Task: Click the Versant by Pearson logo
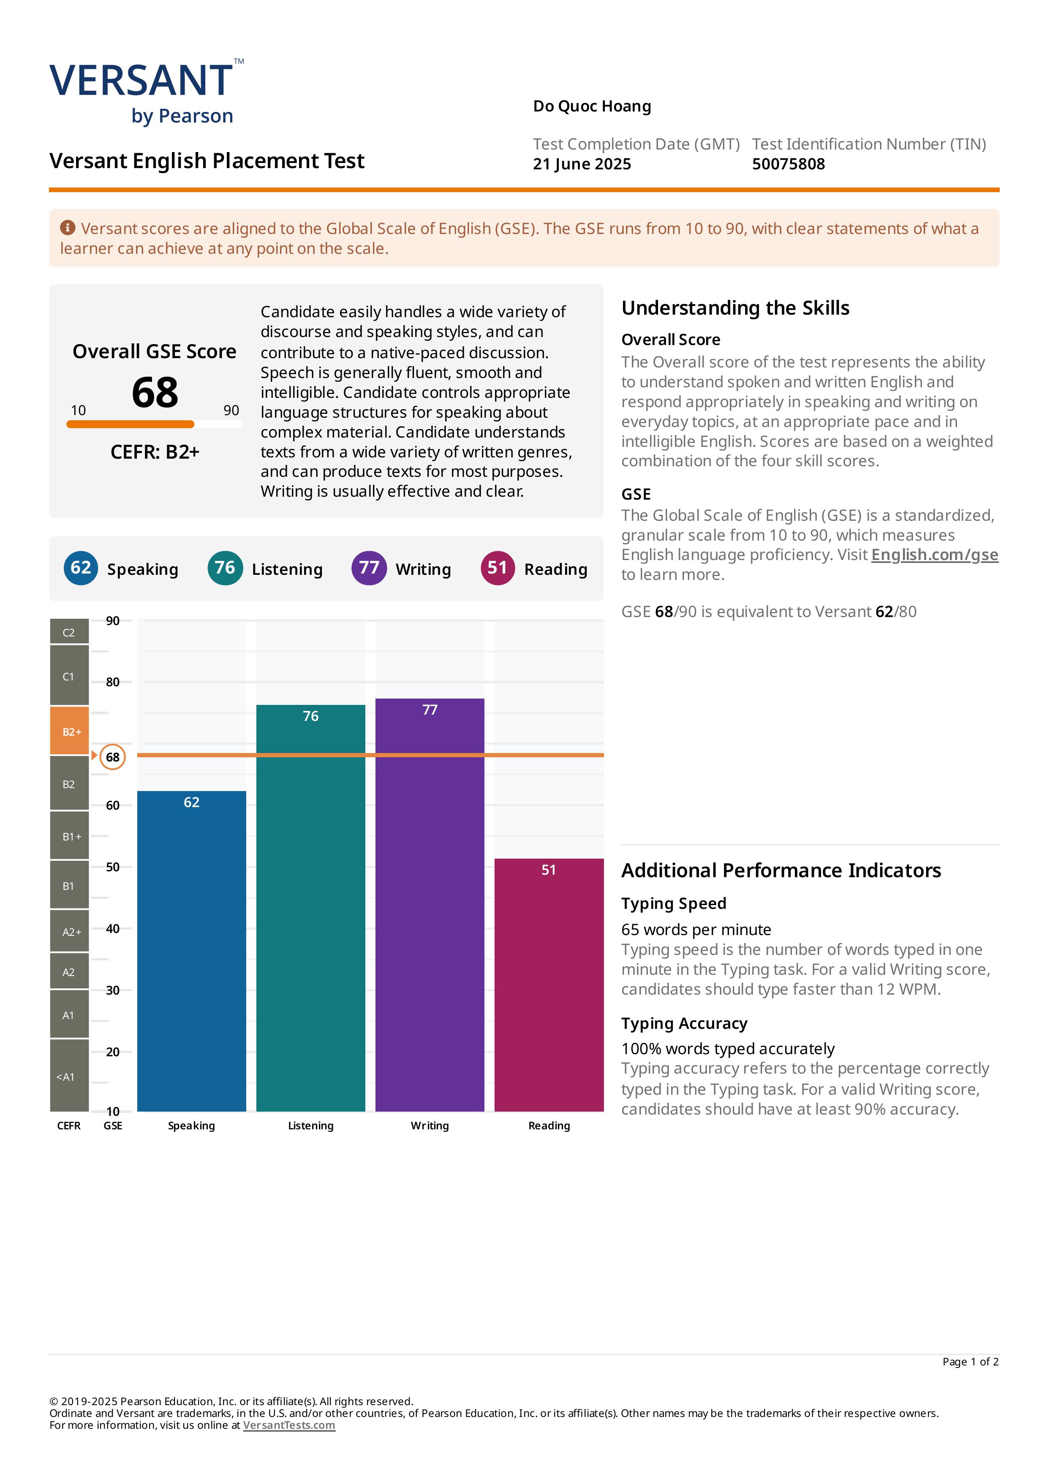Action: click(x=147, y=92)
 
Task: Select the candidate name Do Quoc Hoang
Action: click(x=592, y=106)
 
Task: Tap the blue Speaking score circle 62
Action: click(x=81, y=568)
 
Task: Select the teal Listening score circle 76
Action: click(x=225, y=568)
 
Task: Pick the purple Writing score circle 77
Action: click(x=369, y=568)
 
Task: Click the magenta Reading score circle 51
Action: click(x=498, y=568)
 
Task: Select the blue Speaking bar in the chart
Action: click(x=192, y=951)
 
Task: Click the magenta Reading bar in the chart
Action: click(x=549, y=985)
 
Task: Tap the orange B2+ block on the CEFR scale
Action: click(x=70, y=731)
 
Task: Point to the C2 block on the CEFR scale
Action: click(x=70, y=632)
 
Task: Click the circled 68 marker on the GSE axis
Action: click(x=113, y=757)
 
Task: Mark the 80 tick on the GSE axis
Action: click(x=113, y=682)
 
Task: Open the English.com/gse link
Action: click(x=935, y=555)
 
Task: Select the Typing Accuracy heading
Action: click(x=684, y=1024)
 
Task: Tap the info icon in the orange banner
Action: click(x=68, y=227)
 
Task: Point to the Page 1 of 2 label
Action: click(x=970, y=1362)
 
